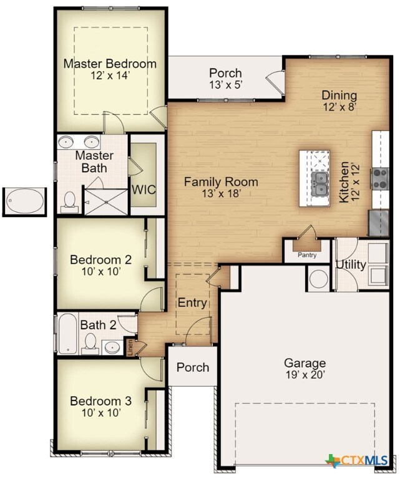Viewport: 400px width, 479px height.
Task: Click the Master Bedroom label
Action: pos(110,64)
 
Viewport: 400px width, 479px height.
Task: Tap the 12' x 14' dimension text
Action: pos(110,75)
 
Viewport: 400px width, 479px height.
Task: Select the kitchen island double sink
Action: pos(320,181)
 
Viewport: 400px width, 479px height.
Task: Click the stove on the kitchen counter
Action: pos(379,179)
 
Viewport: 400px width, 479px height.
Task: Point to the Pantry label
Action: pos(306,254)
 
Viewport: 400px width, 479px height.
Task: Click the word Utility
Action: pos(351,264)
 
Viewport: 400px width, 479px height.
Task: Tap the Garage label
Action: pos(305,363)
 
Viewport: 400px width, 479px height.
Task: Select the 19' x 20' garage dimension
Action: pos(305,375)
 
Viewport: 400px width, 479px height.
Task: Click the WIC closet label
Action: pos(143,190)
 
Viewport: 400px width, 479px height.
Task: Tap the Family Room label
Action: pos(221,182)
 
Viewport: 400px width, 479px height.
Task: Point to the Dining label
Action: pos(339,95)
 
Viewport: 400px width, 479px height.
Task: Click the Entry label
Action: pos(192,302)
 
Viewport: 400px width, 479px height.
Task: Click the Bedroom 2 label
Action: pos(100,259)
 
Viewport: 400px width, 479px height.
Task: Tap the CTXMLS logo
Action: pos(360,461)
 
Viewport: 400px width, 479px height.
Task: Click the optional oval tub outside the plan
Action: pos(25,201)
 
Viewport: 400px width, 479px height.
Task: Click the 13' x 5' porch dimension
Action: pos(225,85)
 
